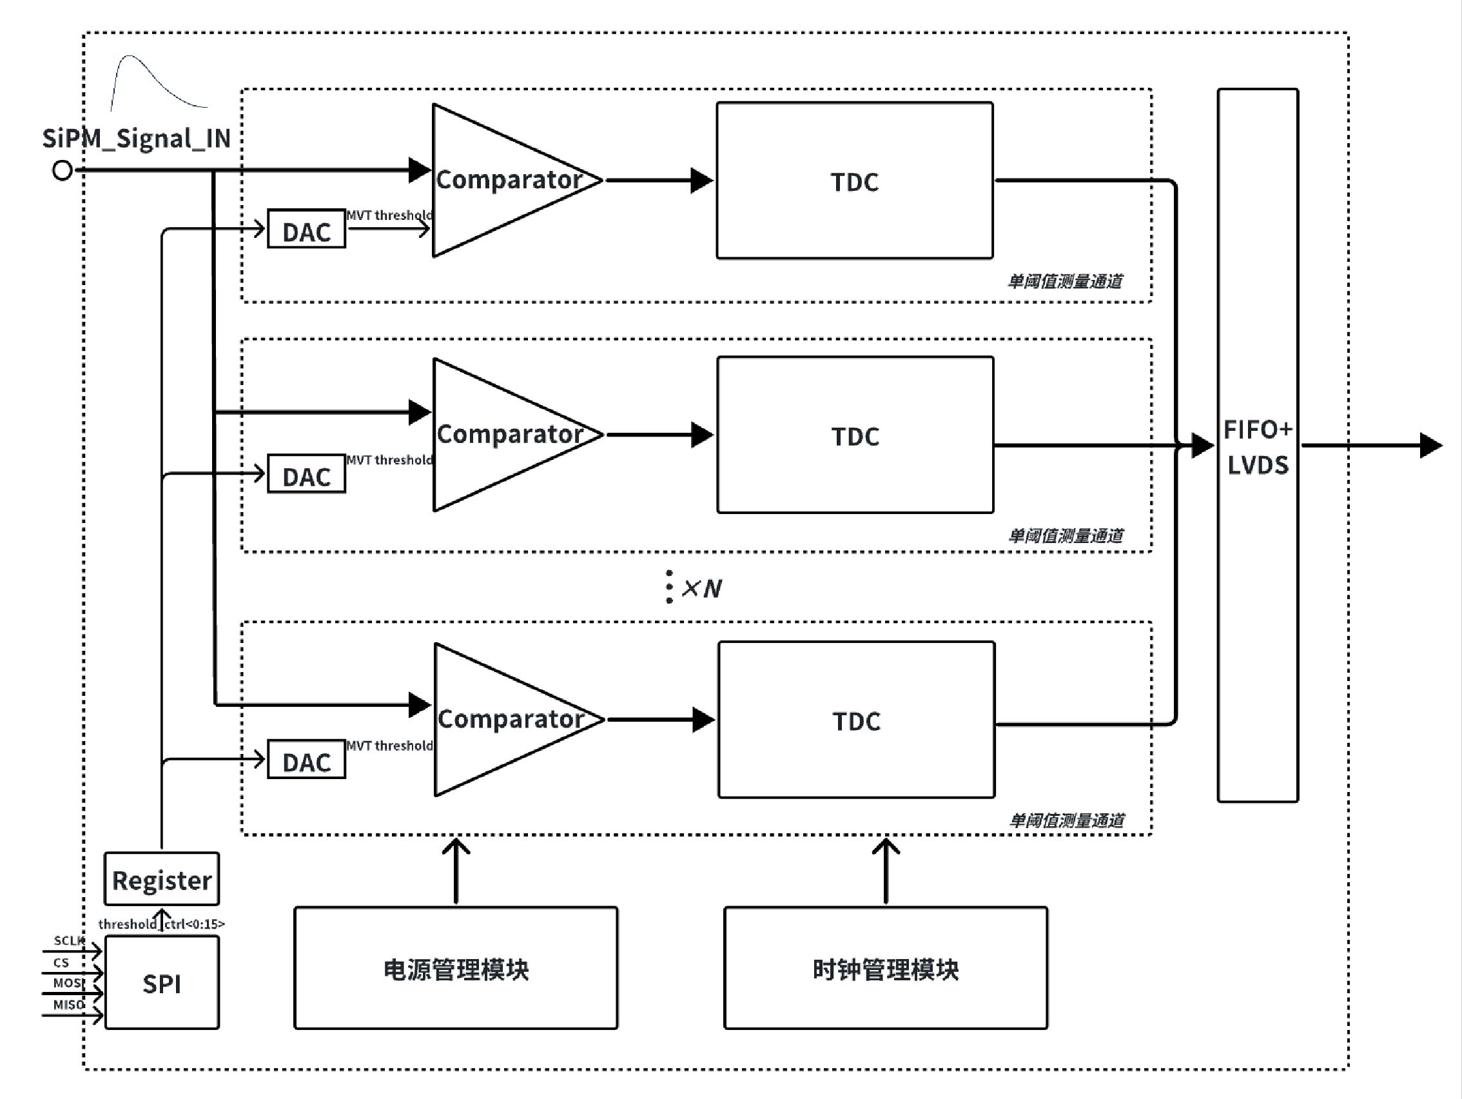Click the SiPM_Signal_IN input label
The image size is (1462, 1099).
[136, 139]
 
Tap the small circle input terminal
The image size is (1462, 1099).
[62, 171]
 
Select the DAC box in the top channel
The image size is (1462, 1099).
[306, 230]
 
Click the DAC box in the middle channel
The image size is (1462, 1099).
[306, 474]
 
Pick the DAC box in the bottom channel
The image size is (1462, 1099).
[306, 760]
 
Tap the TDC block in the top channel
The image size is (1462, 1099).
[855, 181]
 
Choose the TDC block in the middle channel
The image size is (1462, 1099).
[855, 435]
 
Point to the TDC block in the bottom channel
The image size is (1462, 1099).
[857, 720]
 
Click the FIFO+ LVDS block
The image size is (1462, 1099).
[1258, 446]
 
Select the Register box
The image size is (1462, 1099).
[162, 879]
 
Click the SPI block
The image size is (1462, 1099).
[162, 983]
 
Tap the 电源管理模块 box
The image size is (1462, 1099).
[456, 968]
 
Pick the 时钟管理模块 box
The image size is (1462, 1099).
[886, 968]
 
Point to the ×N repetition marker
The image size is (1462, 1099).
[701, 588]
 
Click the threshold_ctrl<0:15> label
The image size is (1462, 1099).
[162, 924]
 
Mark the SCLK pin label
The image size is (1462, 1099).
[69, 940]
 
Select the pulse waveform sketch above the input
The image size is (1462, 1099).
[155, 83]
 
